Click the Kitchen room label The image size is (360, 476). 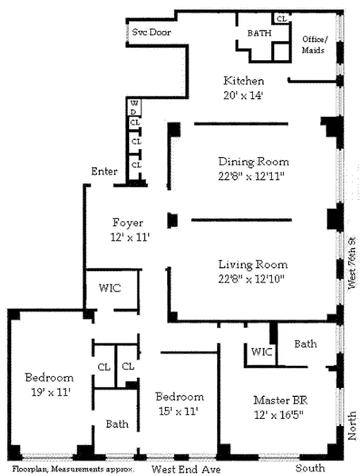pyautogui.click(x=243, y=81)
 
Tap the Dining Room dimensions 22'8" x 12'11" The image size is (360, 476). pyautogui.click(x=253, y=176)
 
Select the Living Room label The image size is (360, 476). pyautogui.click(x=252, y=265)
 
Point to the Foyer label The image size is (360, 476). pyautogui.click(x=127, y=223)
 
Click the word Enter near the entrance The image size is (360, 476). pyautogui.click(x=104, y=172)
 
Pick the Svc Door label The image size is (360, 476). pyautogui.click(x=151, y=32)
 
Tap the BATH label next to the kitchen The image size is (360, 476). pyautogui.click(x=259, y=33)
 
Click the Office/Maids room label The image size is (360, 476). pyautogui.click(x=313, y=45)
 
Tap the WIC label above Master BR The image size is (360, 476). pyautogui.click(x=262, y=352)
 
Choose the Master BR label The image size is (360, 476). pyautogui.click(x=273, y=399)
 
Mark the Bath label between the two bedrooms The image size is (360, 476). pyautogui.click(x=117, y=424)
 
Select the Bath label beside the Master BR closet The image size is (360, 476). pyautogui.click(x=305, y=344)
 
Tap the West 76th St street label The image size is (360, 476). pyautogui.click(x=352, y=261)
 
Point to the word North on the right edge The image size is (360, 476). pyautogui.click(x=352, y=425)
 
